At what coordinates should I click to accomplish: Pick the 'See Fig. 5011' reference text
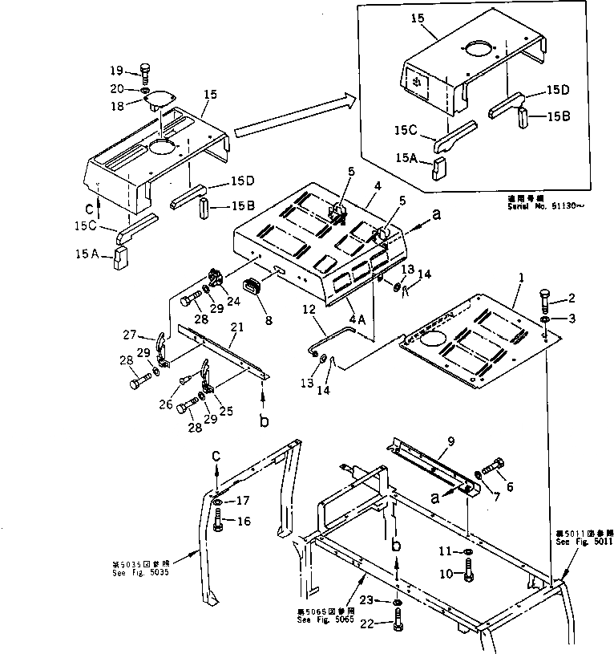point(585,542)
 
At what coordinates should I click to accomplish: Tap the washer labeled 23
point(398,603)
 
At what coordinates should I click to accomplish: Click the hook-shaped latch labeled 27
point(162,346)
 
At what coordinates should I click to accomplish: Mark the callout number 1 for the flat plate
point(522,277)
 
